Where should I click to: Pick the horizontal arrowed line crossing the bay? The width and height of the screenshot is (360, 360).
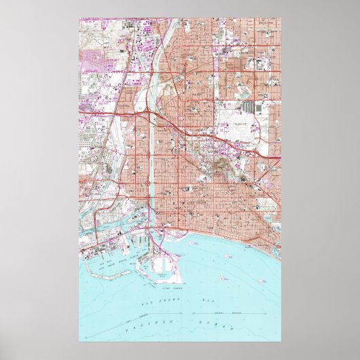coord(251,310)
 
